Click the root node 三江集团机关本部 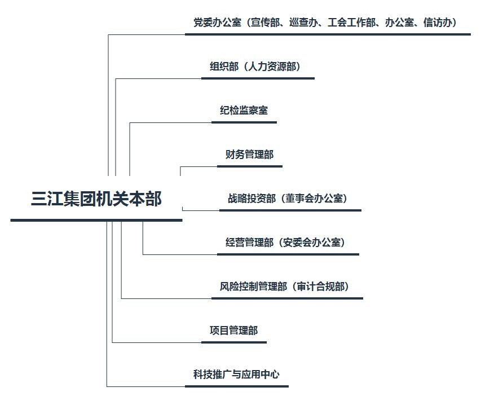click(x=96, y=199)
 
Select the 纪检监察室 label click(x=244, y=110)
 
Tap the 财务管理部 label click(x=249, y=155)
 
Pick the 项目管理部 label click(x=234, y=331)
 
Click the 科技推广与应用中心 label click(x=236, y=374)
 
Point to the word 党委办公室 click(x=218, y=23)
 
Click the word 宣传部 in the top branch click(x=265, y=23)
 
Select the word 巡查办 click(x=303, y=23)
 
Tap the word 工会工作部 click(x=351, y=23)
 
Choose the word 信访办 click(x=438, y=23)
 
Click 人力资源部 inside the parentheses click(x=272, y=67)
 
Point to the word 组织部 click(x=224, y=67)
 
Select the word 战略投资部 click(x=252, y=199)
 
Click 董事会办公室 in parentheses click(x=314, y=199)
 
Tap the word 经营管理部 click(x=249, y=242)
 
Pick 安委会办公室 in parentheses click(x=312, y=242)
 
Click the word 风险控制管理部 click(x=253, y=287)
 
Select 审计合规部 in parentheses click(x=320, y=287)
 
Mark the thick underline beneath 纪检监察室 click(x=244, y=122)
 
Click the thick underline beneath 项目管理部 click(x=234, y=342)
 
